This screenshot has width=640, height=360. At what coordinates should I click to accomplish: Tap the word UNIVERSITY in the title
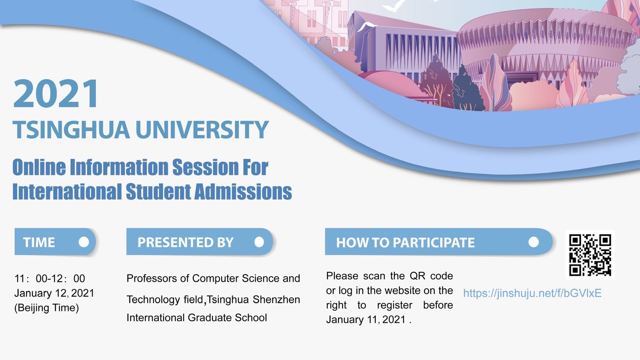(x=202, y=130)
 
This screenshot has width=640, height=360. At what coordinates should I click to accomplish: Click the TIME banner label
(x=39, y=242)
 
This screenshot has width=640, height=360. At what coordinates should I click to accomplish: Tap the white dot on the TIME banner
(x=84, y=242)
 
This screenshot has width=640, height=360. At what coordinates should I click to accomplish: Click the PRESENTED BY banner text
(x=185, y=242)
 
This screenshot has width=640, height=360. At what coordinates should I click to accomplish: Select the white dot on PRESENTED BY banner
(x=259, y=242)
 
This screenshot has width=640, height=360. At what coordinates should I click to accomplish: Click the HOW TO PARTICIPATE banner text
(x=405, y=243)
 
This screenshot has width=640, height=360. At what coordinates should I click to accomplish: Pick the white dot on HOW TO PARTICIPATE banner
(x=534, y=242)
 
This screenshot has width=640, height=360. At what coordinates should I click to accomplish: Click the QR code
(x=590, y=255)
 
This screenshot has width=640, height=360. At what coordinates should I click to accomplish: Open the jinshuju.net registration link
(x=532, y=293)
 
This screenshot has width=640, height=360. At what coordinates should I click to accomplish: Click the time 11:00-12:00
(x=50, y=278)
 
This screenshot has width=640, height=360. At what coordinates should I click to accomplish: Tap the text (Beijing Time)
(x=46, y=307)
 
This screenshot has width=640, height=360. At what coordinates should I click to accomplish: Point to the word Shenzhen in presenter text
(x=276, y=299)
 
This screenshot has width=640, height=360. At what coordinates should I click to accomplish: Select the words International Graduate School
(x=196, y=317)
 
